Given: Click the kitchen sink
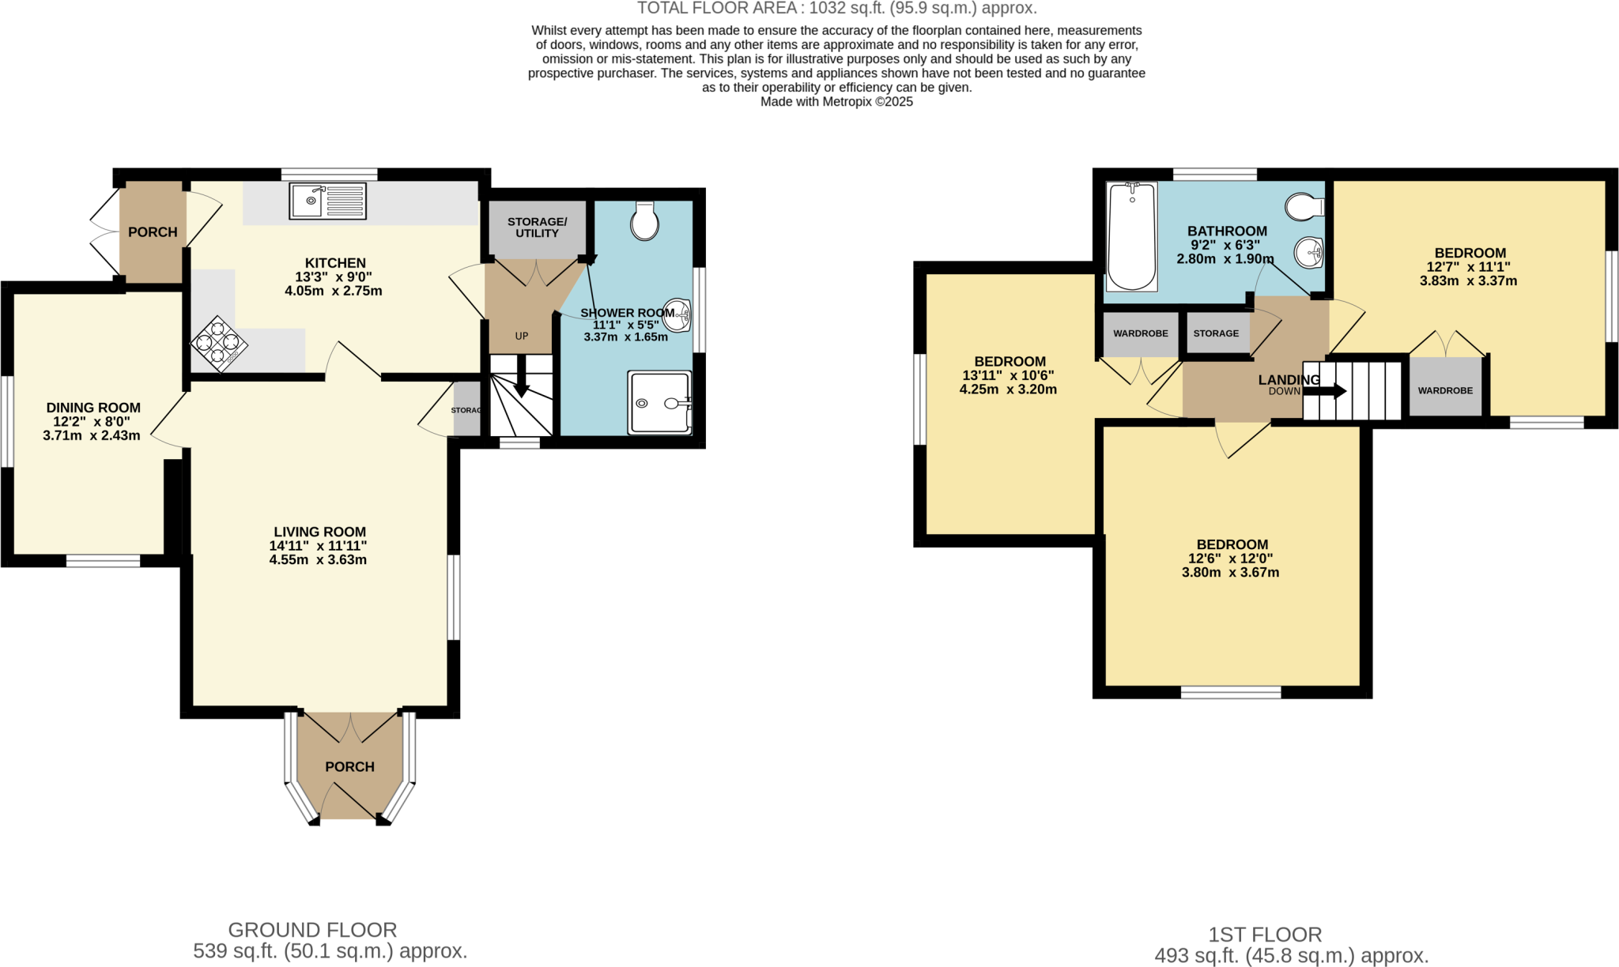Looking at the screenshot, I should (327, 201).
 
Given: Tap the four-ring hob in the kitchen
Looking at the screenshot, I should (218, 344).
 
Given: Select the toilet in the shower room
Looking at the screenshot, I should (645, 221).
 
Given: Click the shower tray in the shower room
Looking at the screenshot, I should (659, 403).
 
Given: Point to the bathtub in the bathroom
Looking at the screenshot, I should (1131, 236).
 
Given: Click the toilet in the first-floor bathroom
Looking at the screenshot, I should (1304, 208).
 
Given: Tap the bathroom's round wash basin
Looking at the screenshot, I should (1308, 254).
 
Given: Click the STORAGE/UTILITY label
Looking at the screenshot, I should (537, 228).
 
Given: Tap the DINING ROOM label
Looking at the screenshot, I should (93, 408).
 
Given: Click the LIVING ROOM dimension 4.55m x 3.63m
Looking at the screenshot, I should (318, 560).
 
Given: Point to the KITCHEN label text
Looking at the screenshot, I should (335, 263).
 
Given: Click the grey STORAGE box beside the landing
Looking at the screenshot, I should (1216, 333).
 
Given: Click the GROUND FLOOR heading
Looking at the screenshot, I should (312, 930).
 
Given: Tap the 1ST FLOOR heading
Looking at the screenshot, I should (1265, 935).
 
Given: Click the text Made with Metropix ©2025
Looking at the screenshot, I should (836, 102).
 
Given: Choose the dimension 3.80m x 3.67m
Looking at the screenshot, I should (1230, 573).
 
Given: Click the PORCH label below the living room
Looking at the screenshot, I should (349, 767).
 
